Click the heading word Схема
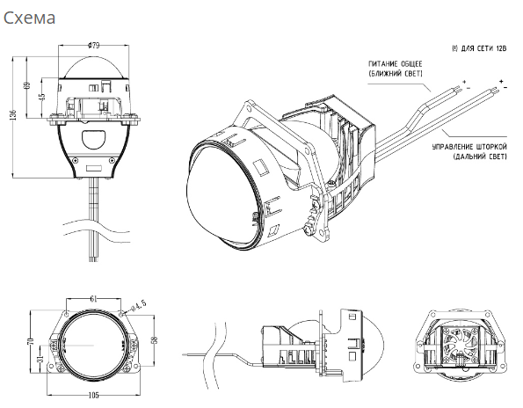point(29,18)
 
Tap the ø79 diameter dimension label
point(94,46)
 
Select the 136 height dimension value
point(14,115)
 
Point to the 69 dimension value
point(28,85)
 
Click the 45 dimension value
point(42,97)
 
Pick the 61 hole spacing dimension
point(94,299)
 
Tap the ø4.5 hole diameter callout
point(138,306)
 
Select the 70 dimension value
point(31,341)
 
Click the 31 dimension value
point(40,358)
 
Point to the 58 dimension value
point(155,340)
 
